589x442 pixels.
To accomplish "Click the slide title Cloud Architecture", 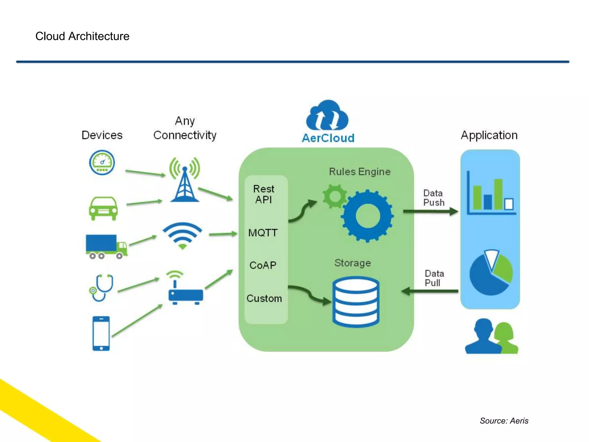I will (x=82, y=36).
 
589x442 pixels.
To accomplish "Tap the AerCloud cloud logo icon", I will (x=327, y=115).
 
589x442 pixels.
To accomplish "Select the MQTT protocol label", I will (x=263, y=233).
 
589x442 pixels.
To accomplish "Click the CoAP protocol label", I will (x=263, y=265).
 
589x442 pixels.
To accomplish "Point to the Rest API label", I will (x=263, y=194).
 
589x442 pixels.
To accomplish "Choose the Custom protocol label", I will (x=264, y=298).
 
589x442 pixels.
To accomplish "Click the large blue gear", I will (x=367, y=216).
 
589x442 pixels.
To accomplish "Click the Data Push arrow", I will (x=430, y=212).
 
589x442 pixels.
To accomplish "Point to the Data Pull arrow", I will (x=430, y=291).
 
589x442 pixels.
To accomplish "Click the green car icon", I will (x=103, y=208).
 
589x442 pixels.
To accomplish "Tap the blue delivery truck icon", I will (x=106, y=246).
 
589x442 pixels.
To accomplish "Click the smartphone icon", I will (x=101, y=333).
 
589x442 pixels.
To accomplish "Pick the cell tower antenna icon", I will (x=185, y=180).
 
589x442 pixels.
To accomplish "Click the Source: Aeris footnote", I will (x=504, y=421).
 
